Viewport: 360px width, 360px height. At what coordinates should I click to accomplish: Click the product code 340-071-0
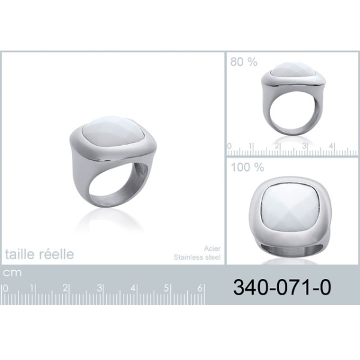pos(282,287)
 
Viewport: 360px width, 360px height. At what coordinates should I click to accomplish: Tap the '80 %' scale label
pos(244,62)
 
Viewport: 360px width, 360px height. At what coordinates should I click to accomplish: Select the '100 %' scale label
pos(247,167)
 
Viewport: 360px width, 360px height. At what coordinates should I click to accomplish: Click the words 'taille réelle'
pos(40,254)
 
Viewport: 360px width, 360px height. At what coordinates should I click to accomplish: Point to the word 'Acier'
pos(212,248)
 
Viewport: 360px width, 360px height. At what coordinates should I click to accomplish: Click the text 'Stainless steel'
pos(197,257)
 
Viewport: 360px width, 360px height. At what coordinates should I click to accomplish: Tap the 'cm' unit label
pos(12,272)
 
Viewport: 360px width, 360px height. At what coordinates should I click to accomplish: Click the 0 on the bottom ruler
pos(5,289)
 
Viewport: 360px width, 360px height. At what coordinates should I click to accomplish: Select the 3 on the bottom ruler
pos(99,288)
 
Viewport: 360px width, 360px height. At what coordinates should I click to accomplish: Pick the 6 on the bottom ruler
pos(200,288)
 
